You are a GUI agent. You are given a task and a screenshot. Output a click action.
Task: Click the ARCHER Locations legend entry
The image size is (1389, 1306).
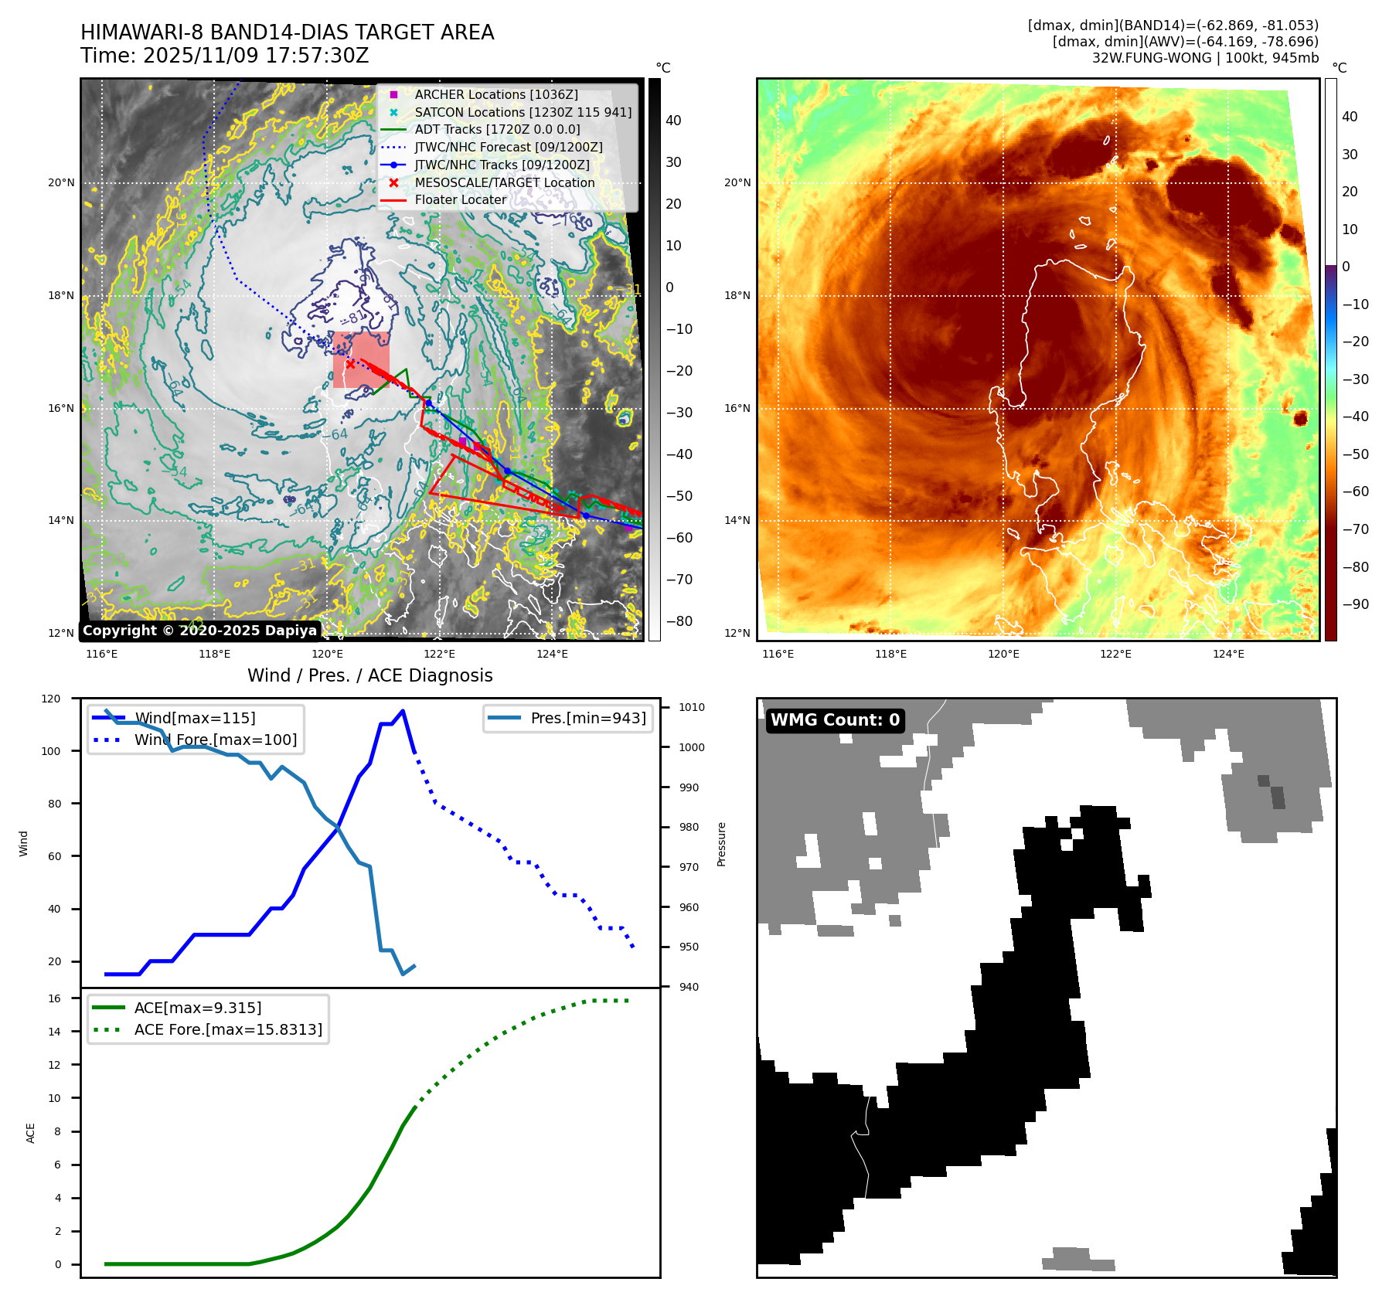coord(495,94)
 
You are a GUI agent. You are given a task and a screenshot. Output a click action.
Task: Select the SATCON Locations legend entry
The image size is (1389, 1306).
coord(523,112)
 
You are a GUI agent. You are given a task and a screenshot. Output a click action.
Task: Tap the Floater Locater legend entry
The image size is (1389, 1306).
coord(460,199)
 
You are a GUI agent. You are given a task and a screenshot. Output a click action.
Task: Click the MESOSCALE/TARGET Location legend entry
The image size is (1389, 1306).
coord(504,182)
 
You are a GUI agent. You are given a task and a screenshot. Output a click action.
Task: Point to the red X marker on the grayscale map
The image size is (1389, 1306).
coord(350,364)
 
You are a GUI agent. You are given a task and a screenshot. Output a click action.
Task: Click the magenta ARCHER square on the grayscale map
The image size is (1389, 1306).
coord(462,441)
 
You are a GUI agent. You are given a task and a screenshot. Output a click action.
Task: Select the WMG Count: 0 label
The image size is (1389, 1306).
coord(835,720)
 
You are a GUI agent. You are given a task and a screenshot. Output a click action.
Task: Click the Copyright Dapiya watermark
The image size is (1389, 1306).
coord(199,631)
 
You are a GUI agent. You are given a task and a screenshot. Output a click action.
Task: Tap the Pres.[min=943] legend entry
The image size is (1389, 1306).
coord(587,718)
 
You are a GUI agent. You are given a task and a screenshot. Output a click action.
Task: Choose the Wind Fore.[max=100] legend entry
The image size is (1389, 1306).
coord(215,740)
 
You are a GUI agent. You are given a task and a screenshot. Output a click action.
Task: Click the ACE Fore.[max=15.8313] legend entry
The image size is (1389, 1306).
coord(227,1029)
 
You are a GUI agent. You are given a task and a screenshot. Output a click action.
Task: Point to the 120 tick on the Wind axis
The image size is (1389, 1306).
coord(51,699)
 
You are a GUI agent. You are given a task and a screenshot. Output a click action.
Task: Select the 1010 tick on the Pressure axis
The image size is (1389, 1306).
coord(692,707)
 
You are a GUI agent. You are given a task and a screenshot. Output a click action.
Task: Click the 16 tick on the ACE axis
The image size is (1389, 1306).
coord(54,998)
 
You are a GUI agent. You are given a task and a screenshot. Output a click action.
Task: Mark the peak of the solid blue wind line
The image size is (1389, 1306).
coord(403,711)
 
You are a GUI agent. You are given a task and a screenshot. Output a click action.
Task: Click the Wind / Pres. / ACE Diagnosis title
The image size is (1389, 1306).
coord(369,675)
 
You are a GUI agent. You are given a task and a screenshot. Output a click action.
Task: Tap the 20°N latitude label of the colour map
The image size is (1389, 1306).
coord(737,183)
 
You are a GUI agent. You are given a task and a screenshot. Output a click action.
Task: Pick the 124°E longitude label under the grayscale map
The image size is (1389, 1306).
coord(552,654)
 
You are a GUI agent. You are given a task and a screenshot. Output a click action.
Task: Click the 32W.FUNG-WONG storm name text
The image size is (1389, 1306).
coord(1151,58)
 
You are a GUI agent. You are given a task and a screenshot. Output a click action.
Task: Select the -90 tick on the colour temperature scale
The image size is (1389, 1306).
coord(1355,604)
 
